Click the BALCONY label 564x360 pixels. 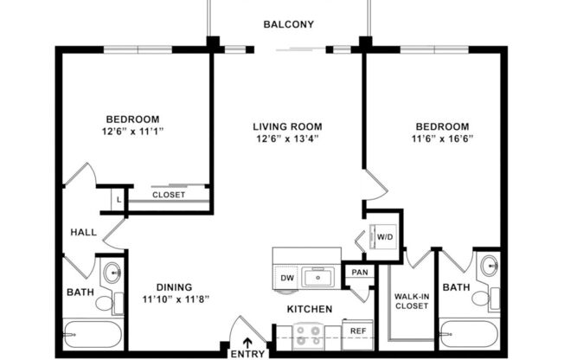(x=288, y=25)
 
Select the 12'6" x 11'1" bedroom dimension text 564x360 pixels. (x=133, y=132)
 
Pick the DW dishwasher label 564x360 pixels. (x=287, y=279)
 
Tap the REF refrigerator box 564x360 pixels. (x=357, y=331)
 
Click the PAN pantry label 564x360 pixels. (x=360, y=273)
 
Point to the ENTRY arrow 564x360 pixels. (x=248, y=341)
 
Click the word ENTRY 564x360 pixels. (x=248, y=354)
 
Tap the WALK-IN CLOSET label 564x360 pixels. (x=413, y=301)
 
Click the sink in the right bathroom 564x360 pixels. (x=490, y=267)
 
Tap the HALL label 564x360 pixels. (x=83, y=232)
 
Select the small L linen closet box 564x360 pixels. (x=118, y=200)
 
